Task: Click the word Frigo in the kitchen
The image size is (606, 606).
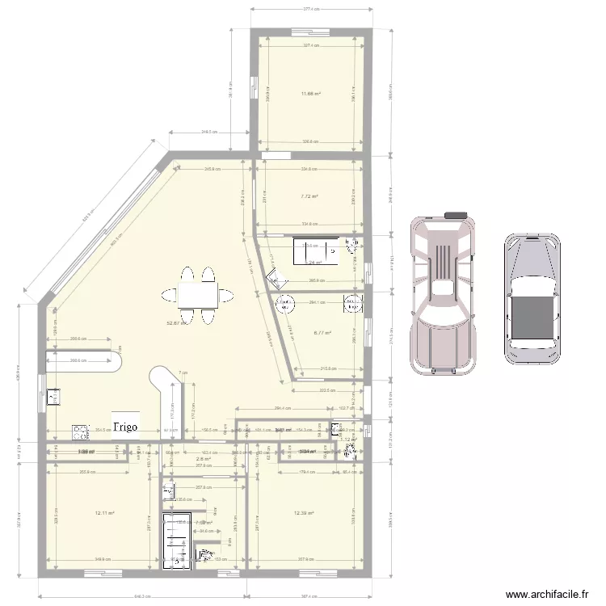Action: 125,425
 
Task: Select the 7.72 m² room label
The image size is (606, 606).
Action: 309,196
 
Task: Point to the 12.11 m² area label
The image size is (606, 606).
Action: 104,512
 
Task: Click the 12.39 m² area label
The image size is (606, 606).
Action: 304,512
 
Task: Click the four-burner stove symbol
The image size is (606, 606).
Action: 80,431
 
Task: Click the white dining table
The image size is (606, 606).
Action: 198,296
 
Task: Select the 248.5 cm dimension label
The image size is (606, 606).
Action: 212,131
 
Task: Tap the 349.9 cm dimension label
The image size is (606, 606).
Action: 102,559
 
